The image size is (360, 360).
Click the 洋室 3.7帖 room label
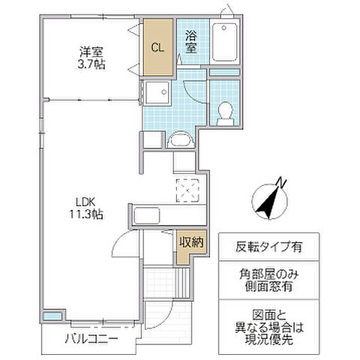(x=91, y=58)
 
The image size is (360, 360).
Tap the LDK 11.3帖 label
(x=86, y=208)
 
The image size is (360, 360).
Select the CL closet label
(x=157, y=47)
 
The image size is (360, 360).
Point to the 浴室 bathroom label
(x=191, y=42)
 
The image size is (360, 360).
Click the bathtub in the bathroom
(x=225, y=42)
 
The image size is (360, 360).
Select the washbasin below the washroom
(x=180, y=139)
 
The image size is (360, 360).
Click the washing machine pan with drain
(x=157, y=92)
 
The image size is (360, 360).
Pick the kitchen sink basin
(x=147, y=216)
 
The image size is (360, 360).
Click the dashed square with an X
(x=187, y=190)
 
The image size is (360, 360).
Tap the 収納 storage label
(x=192, y=242)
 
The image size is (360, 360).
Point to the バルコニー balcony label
(x=91, y=339)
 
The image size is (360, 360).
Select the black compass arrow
(x=268, y=202)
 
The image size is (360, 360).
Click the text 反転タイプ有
(x=268, y=247)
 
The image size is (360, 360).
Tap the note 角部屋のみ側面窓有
(x=268, y=280)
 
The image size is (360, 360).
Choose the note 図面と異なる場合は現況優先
(x=268, y=328)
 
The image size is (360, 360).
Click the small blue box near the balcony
(x=52, y=316)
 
